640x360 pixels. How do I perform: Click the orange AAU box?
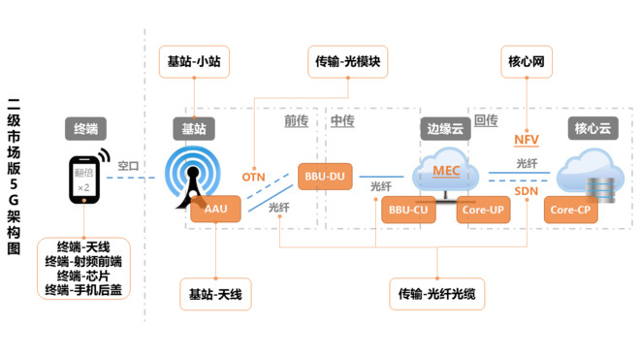point(214,209)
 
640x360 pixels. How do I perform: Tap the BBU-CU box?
point(408,209)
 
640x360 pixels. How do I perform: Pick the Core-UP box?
point(482,209)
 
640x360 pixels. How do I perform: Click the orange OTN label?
point(253,177)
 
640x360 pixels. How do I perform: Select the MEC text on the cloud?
point(446,171)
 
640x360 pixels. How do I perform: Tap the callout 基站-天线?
point(215,292)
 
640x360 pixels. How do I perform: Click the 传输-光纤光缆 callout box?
point(443,292)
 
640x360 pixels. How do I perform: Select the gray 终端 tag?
point(86,128)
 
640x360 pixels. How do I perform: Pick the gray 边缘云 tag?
point(445,128)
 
